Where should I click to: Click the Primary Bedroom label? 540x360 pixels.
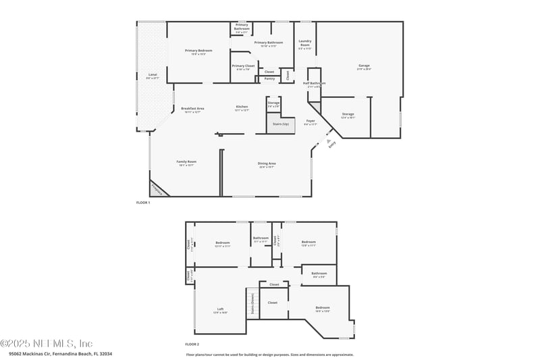[x=198, y=51]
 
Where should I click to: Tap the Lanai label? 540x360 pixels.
[x=153, y=76]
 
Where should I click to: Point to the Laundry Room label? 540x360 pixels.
[x=305, y=45]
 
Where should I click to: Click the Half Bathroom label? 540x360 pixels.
[x=315, y=85]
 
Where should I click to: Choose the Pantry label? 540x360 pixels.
[x=269, y=78]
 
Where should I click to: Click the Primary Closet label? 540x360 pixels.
[x=242, y=67]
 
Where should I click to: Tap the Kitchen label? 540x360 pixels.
[x=242, y=107]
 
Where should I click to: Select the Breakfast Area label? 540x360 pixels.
[x=193, y=109]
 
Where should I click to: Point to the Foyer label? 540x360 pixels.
[x=310, y=122]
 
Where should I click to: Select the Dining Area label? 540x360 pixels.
[x=267, y=164]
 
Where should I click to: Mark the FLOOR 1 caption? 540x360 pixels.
[x=143, y=203]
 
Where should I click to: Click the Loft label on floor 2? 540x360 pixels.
[x=221, y=310]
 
